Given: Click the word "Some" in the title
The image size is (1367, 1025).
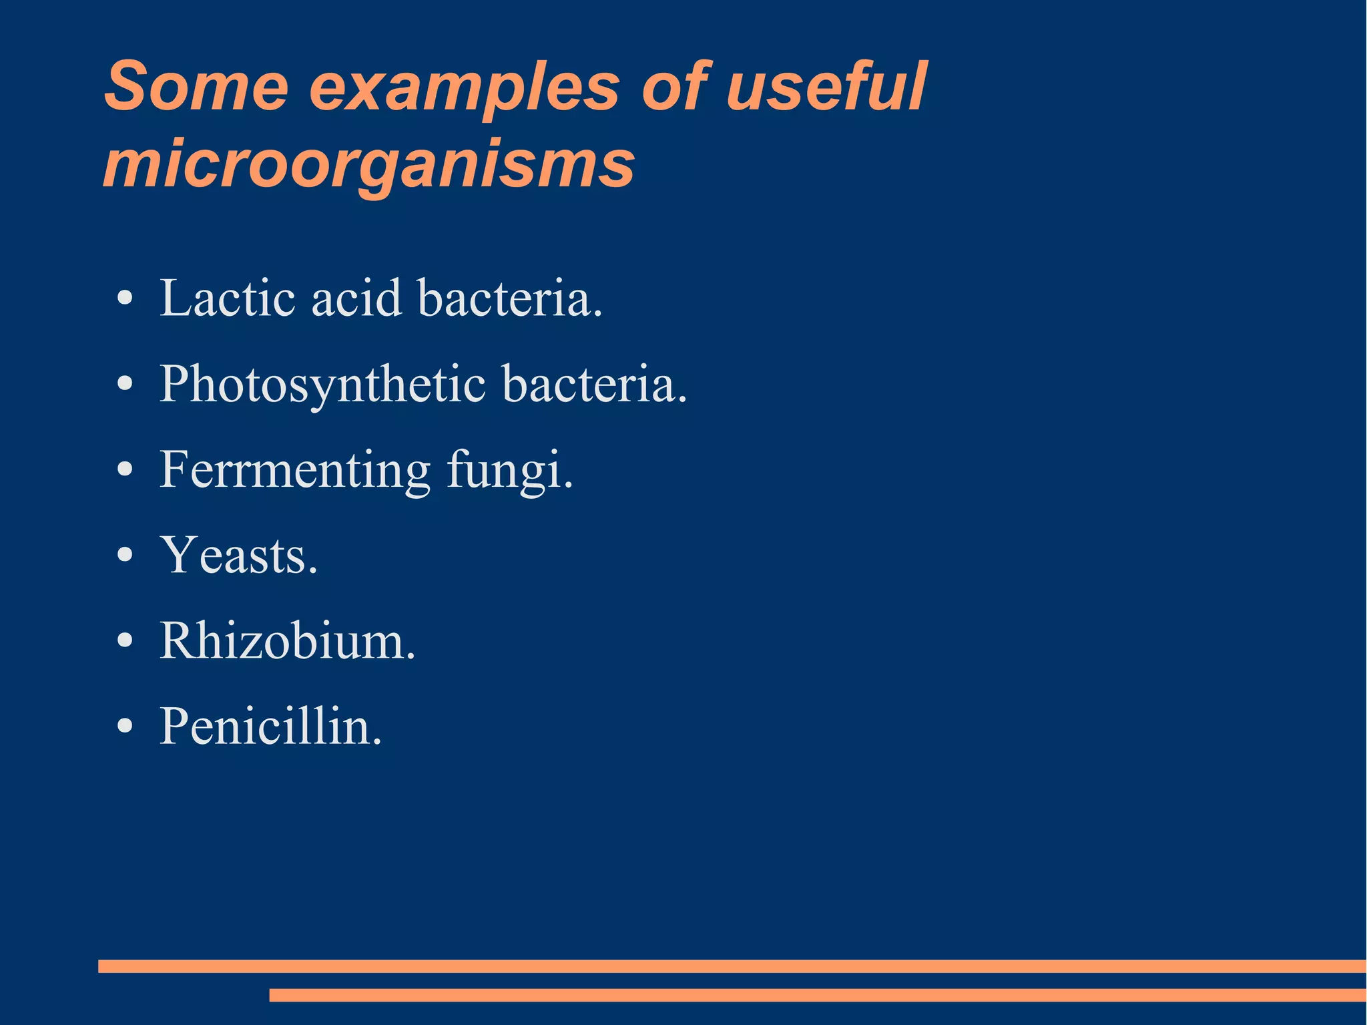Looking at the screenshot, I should (197, 87).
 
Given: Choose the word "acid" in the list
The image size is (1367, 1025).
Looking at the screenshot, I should (356, 298).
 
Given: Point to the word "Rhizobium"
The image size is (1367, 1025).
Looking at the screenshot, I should (287, 641).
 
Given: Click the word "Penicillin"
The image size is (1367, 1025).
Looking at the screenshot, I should (270, 727).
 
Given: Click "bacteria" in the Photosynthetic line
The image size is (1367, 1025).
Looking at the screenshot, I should (593, 385).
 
